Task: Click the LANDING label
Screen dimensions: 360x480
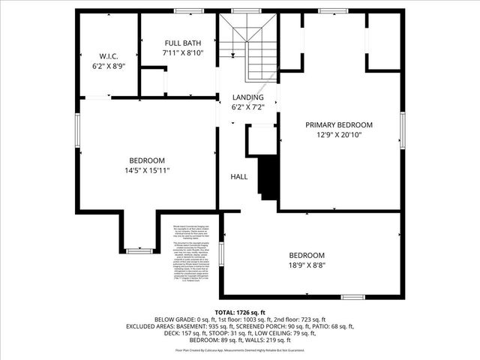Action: pos(247,97)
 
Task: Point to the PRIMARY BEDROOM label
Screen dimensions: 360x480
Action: pos(338,124)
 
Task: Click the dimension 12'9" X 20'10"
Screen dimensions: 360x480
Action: pos(338,136)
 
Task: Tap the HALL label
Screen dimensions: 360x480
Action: pos(239,177)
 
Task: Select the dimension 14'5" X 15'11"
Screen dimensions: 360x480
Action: pos(147,171)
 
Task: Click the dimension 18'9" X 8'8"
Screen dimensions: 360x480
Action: pos(307,265)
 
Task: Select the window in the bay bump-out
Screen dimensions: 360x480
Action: pos(139,250)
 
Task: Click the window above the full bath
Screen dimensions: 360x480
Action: pos(187,11)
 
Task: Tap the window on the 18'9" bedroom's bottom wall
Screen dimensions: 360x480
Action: pos(352,297)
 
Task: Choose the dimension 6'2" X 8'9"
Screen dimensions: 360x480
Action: pos(108,66)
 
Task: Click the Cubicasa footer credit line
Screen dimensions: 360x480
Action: pos(239,350)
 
